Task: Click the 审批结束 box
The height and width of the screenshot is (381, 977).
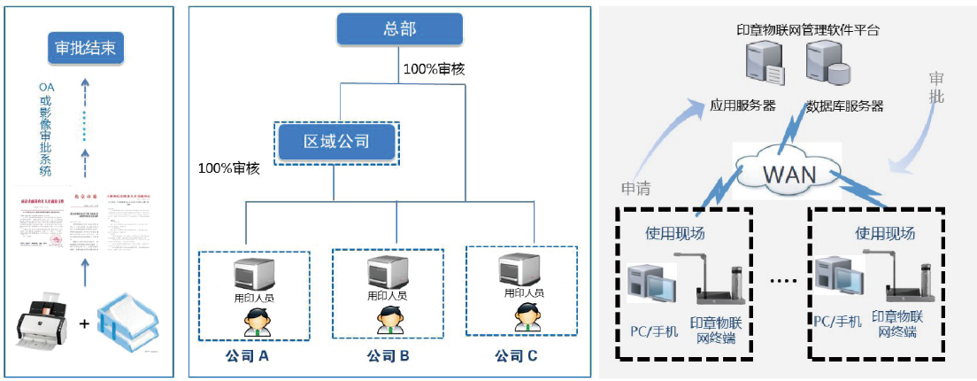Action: click(85, 49)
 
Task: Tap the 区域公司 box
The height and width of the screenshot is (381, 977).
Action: click(336, 141)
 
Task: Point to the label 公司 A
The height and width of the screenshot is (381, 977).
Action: click(247, 356)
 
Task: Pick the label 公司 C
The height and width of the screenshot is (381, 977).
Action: click(516, 356)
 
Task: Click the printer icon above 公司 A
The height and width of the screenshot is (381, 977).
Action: click(253, 270)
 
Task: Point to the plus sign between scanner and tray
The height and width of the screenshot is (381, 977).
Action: click(85, 324)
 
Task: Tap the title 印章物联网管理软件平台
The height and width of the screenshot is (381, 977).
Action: click(808, 29)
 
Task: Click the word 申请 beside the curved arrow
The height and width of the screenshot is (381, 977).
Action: click(635, 187)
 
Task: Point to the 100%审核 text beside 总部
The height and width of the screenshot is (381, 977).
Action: click(435, 68)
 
